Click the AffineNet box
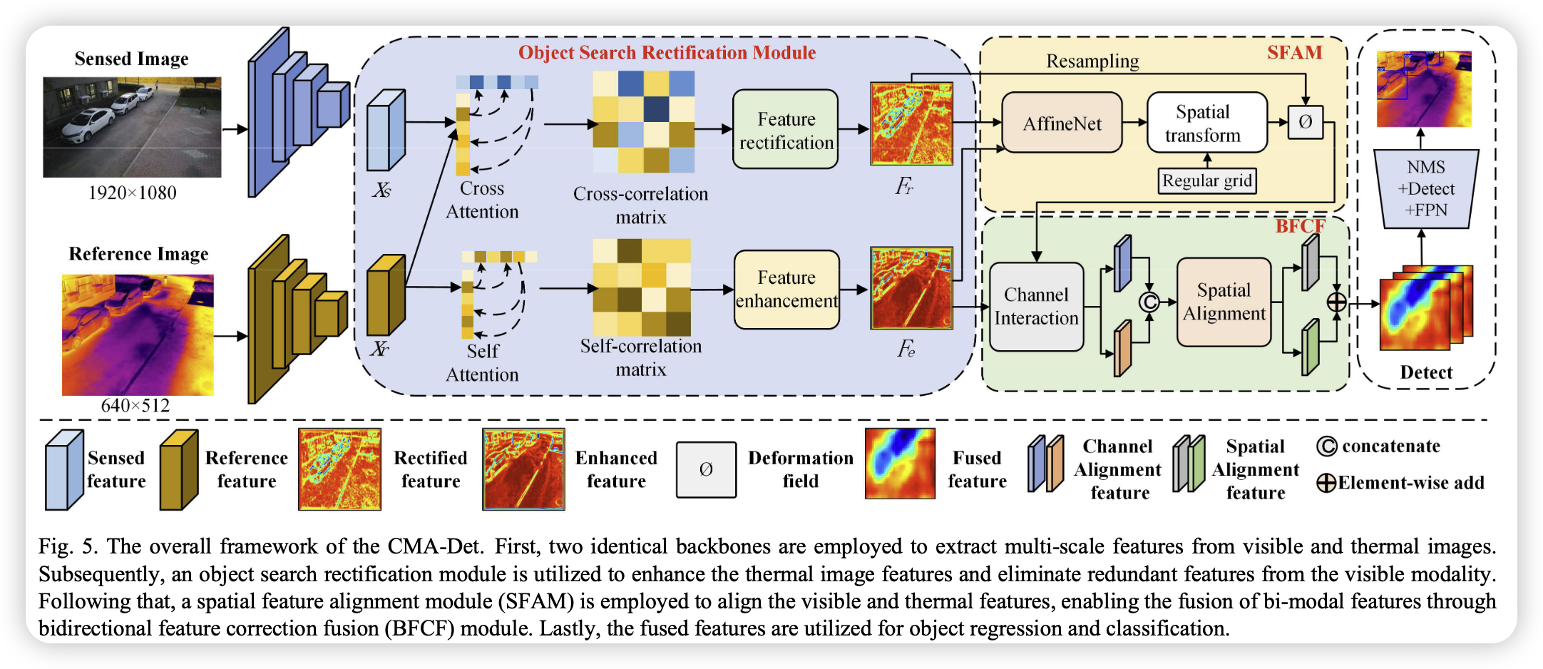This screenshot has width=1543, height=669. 1062,123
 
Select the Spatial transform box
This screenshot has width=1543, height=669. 1206,123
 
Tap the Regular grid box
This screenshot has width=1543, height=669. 1206,180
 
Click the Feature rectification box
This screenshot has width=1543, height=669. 785,130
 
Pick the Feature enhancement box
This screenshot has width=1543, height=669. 786,289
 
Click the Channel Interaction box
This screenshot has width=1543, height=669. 1036,307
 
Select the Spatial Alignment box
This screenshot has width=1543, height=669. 1224,302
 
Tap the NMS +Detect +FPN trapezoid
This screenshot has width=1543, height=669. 1426,188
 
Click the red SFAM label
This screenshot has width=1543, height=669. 1294,53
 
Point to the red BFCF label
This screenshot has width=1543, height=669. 1300,226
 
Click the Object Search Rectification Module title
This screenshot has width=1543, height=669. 667,53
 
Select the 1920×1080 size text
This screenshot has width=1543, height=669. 132,193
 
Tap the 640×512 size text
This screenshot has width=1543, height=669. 135,405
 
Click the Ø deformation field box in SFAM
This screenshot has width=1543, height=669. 1305,122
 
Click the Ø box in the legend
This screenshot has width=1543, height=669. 706,469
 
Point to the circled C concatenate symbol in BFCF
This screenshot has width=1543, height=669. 1149,302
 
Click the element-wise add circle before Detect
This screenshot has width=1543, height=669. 1336,302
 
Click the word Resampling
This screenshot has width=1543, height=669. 1092,61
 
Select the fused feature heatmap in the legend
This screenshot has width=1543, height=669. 899,464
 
